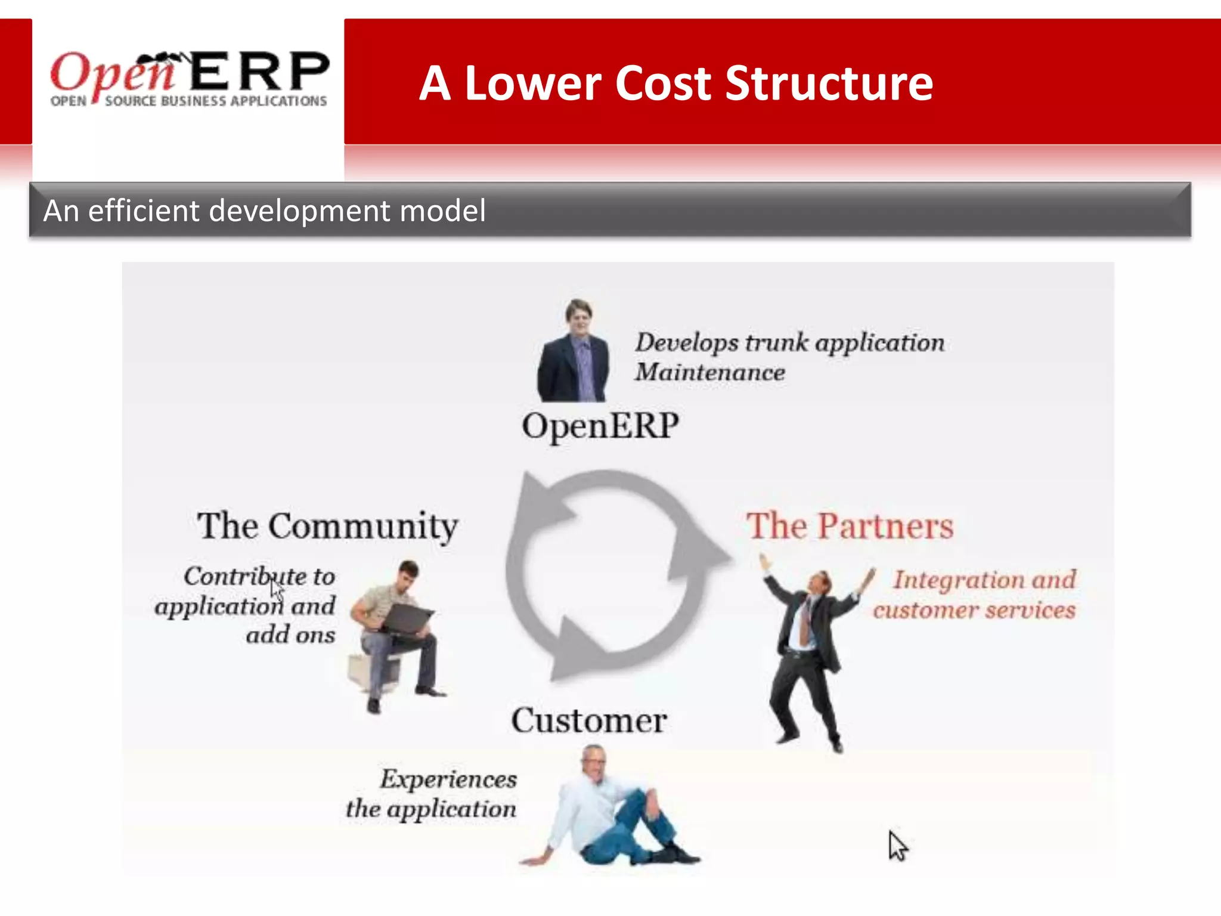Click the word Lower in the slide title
(x=533, y=83)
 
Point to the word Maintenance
(x=709, y=373)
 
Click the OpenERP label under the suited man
(x=600, y=426)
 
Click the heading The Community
(x=327, y=526)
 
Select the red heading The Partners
(x=850, y=526)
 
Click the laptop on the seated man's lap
(x=407, y=619)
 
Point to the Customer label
(x=589, y=720)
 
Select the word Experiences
(x=448, y=779)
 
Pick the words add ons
(x=290, y=635)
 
